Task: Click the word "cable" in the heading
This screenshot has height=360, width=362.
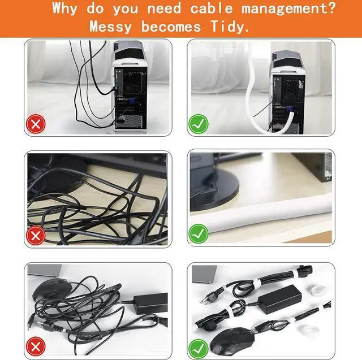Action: tap(211, 8)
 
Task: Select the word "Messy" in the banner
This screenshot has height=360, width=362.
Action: tap(111, 27)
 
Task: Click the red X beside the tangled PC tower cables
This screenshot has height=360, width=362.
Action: tap(36, 124)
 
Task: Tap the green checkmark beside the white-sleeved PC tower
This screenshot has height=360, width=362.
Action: tap(199, 124)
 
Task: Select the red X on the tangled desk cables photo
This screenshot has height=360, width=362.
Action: tap(36, 236)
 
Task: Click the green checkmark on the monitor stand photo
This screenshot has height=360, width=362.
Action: tap(199, 233)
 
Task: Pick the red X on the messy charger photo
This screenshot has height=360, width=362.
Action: tap(36, 346)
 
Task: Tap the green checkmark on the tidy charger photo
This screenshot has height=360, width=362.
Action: tap(199, 349)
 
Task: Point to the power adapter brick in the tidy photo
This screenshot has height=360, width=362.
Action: tap(279, 299)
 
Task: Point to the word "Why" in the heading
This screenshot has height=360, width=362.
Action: tap(64, 8)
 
